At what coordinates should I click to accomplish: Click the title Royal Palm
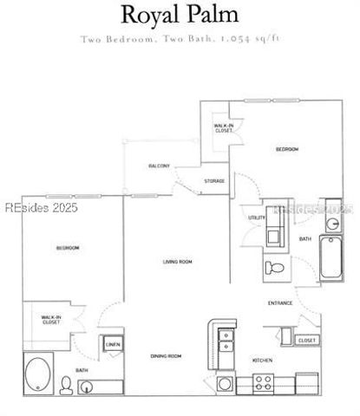(x=179, y=15)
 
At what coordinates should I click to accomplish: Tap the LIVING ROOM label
(x=177, y=261)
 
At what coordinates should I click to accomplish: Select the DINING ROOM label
(x=166, y=356)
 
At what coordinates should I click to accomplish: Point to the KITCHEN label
(x=263, y=360)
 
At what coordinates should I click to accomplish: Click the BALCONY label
(x=158, y=166)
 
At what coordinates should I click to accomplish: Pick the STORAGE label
(x=214, y=180)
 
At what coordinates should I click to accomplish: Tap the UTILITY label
(x=256, y=218)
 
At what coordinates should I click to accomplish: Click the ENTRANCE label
(x=280, y=302)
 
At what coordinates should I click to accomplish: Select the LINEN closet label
(x=113, y=345)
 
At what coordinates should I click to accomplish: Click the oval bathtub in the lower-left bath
(x=38, y=375)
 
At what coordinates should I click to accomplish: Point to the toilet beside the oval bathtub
(x=66, y=383)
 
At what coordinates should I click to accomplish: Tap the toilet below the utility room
(x=272, y=268)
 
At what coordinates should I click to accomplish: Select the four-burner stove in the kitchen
(x=263, y=381)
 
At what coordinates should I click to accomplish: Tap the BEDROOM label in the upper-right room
(x=287, y=149)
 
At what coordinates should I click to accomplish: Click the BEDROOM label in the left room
(x=68, y=248)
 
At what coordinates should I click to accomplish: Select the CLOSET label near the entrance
(x=306, y=341)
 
